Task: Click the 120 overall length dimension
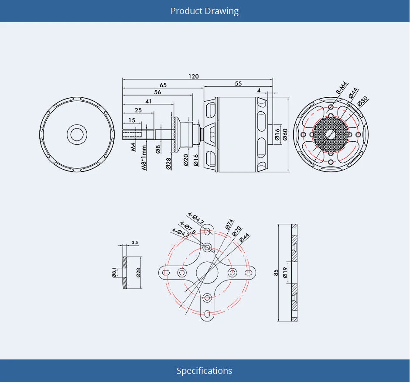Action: point(194,76)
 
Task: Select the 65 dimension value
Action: point(163,85)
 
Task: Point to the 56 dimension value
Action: point(157,92)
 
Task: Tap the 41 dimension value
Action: point(149,101)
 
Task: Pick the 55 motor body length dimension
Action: point(238,83)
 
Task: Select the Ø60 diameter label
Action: point(285,134)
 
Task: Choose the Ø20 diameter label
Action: point(186,160)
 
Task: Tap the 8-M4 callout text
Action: point(341,89)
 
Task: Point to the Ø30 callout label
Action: point(362,101)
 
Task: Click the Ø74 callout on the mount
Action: point(229,224)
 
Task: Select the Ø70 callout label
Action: point(237,231)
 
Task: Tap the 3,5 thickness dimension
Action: point(135,243)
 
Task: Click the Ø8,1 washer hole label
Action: point(114,273)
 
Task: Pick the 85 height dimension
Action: point(276,273)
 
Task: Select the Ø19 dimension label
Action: point(285,273)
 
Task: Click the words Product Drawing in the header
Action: point(205,11)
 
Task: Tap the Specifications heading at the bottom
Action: point(204,371)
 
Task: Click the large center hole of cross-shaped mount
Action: point(207,273)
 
